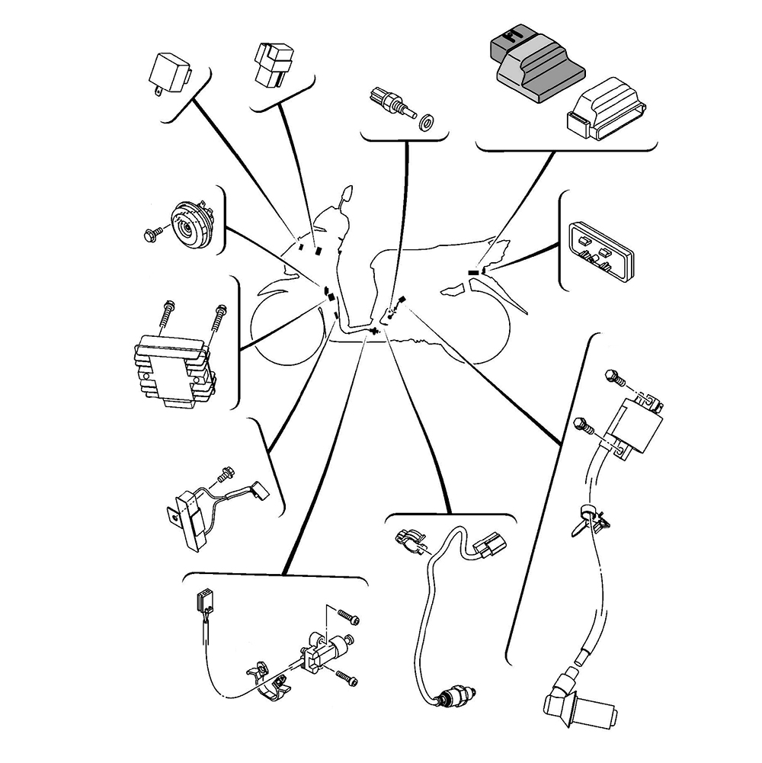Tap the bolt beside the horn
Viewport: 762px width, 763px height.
click(x=150, y=233)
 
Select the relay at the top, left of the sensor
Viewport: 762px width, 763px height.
click(x=272, y=64)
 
